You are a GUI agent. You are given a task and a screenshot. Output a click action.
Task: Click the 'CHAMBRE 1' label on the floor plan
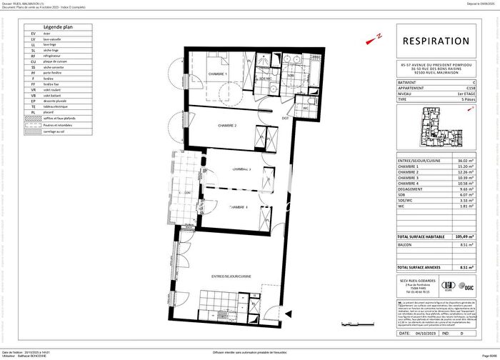(x=217, y=74)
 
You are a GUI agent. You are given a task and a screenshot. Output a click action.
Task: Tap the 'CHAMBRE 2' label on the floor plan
(x=228, y=126)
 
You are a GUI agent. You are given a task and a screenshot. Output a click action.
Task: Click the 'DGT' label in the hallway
(x=284, y=118)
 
